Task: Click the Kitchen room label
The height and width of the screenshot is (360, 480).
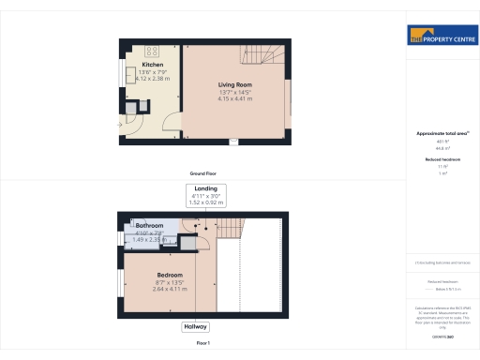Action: tap(152, 65)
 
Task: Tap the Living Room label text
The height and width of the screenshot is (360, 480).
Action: tap(237, 83)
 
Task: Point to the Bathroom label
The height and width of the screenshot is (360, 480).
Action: tap(150, 226)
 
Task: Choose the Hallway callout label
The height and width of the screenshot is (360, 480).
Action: tap(196, 326)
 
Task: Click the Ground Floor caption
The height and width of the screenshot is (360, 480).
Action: tap(203, 175)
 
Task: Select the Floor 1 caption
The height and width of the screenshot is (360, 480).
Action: tap(204, 344)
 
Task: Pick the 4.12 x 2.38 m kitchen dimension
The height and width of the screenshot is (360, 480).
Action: tap(152, 79)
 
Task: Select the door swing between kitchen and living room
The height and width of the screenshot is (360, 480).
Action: tap(169, 119)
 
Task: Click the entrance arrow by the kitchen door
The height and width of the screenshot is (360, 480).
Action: tap(119, 122)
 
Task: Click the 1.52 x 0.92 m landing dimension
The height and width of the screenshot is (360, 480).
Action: tap(204, 202)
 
